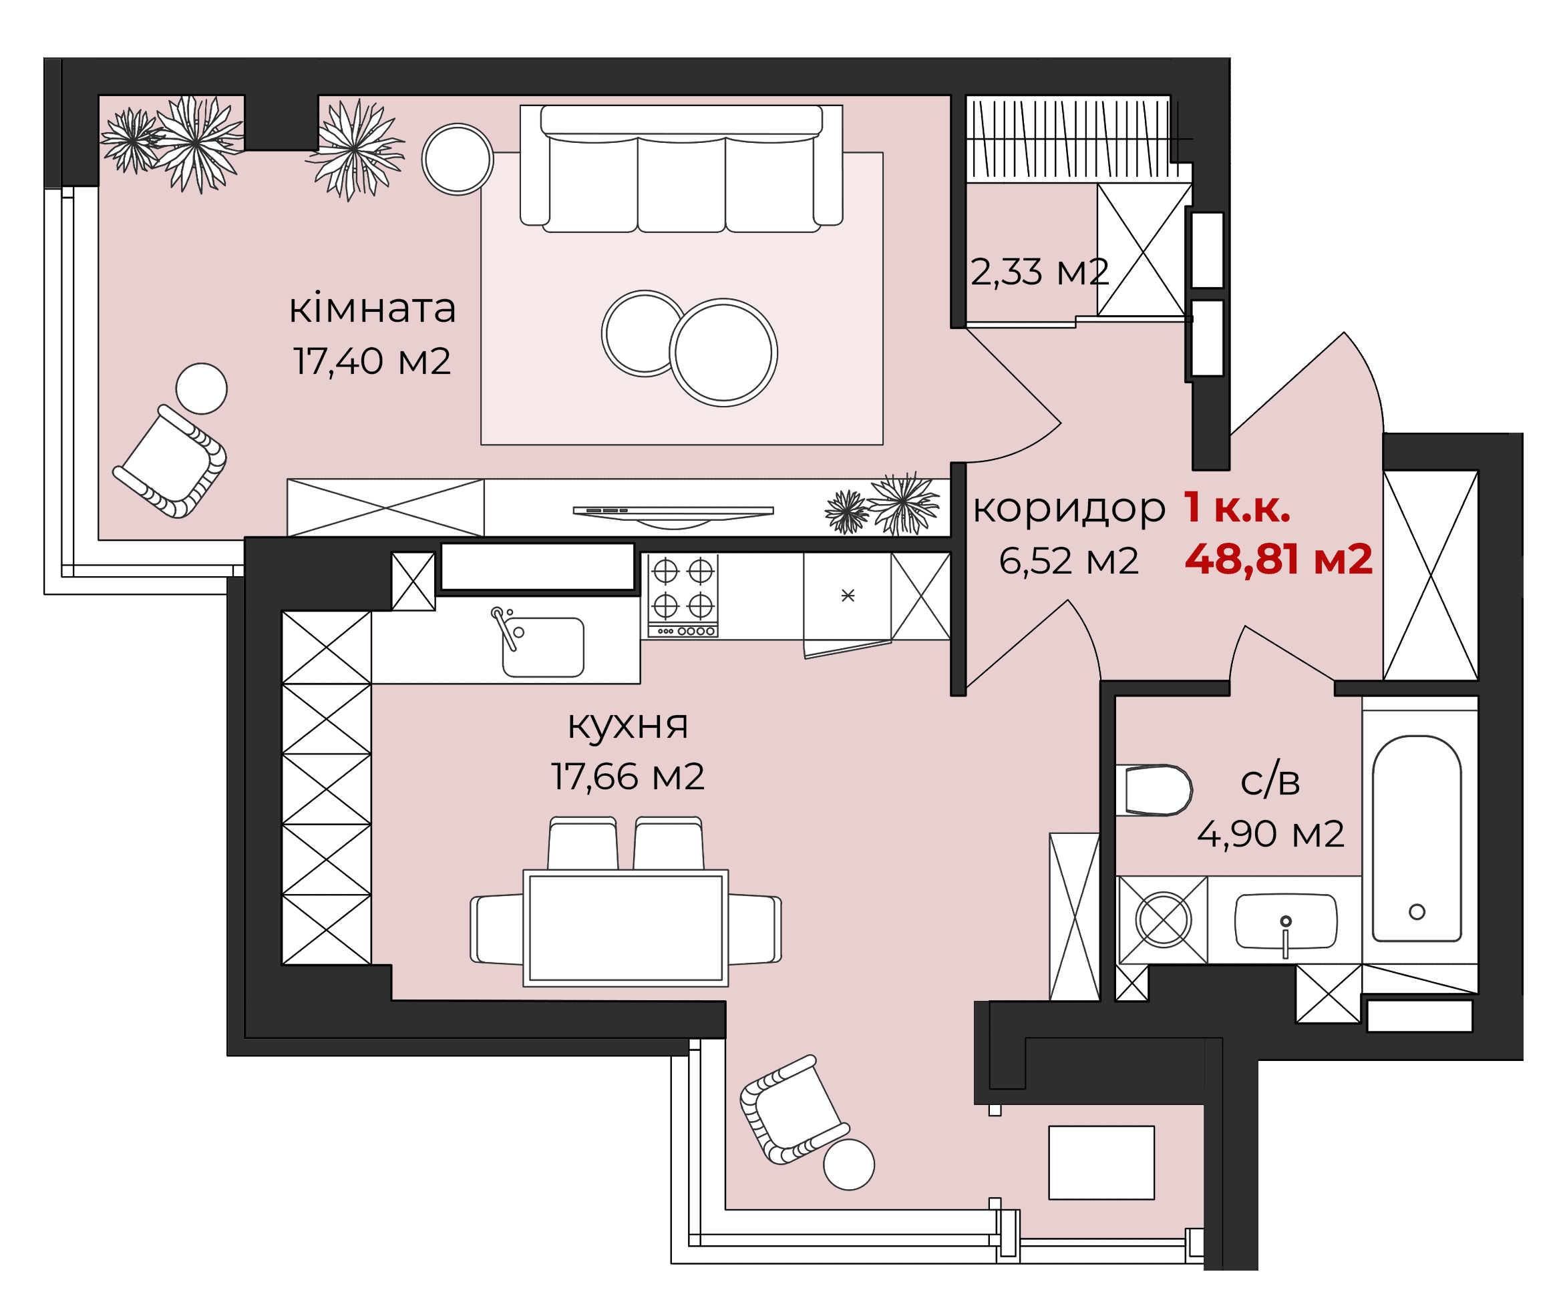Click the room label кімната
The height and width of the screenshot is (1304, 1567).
pyautogui.click(x=372, y=309)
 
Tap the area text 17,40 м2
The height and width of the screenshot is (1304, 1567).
pyautogui.click(x=371, y=362)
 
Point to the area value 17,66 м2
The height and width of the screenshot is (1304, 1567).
pyautogui.click(x=628, y=777)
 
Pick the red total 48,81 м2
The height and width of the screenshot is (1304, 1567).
pyautogui.click(x=1278, y=560)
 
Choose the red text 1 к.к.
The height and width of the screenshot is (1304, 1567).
pyautogui.click(x=1237, y=508)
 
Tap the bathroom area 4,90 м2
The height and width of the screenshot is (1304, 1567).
pyautogui.click(x=1270, y=835)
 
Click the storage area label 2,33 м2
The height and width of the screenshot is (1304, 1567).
pyautogui.click(x=1039, y=272)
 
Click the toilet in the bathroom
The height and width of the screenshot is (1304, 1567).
pyautogui.click(x=1154, y=790)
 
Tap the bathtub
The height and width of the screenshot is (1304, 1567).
pyautogui.click(x=1416, y=839)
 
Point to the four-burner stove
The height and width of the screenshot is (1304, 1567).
pyautogui.click(x=683, y=596)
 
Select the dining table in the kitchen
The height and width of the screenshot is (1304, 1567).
pyautogui.click(x=625, y=929)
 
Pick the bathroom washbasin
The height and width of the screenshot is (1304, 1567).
pyautogui.click(x=1286, y=921)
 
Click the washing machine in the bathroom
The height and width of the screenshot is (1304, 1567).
pyautogui.click(x=1163, y=920)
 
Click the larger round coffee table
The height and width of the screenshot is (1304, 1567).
pyautogui.click(x=723, y=353)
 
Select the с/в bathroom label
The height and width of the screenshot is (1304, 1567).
pyautogui.click(x=1270, y=782)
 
